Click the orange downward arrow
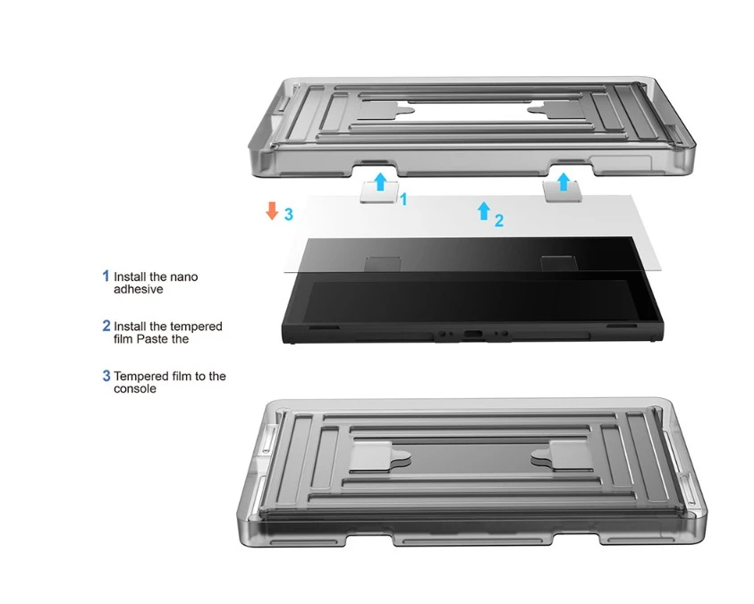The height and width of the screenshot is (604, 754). pos(272,210)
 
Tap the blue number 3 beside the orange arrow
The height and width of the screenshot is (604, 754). pos(289,214)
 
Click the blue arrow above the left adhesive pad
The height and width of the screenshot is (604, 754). pos(380,182)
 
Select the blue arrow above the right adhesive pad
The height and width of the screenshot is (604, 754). pos(563,182)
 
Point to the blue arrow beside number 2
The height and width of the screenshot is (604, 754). pos(484,210)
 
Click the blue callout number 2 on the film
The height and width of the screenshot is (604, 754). pos(499,221)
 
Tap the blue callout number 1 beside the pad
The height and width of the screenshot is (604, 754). pos(403,199)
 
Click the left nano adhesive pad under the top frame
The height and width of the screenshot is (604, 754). pos(379,193)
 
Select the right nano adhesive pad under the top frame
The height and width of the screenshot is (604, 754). pos(563,192)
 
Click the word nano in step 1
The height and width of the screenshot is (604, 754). pos(183,277)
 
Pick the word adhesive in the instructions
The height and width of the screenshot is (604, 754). pos(139,290)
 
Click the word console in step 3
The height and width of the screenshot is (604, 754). pos(135,388)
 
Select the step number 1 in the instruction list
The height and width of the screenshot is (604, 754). pos(106,276)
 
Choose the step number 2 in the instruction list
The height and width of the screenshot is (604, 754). pos(106,326)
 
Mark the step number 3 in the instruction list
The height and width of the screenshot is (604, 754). pos(106,376)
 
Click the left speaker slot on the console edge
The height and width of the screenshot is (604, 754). pos(323,328)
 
